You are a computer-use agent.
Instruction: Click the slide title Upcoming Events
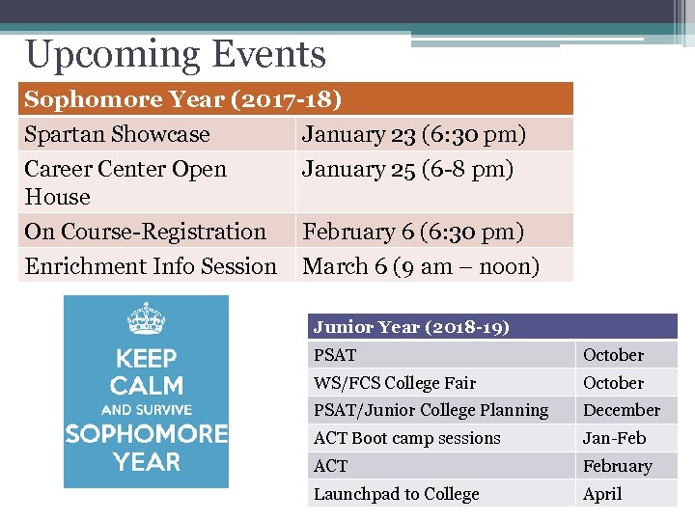coord(176,55)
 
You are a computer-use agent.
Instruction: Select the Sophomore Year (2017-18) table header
coord(182,99)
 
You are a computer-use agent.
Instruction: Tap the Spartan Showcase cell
coord(117,134)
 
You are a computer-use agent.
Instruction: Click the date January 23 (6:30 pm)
coord(413,134)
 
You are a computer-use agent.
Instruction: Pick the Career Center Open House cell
coord(125,182)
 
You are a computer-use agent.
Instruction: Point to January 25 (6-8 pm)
coord(407,169)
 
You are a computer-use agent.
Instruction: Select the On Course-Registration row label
coord(145,232)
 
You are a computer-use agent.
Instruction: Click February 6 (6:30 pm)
coord(413,232)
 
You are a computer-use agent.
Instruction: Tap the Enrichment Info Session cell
coord(151,265)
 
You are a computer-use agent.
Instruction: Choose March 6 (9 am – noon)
coord(421,265)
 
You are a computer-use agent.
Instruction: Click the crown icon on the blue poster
coord(146,319)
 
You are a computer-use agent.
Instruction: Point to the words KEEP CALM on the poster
coord(146,371)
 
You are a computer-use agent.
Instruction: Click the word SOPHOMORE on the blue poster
coord(146,434)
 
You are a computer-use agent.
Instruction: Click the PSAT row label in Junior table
coord(335,355)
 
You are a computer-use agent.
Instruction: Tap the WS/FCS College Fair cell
coord(394,383)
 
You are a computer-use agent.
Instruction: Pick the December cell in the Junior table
coord(621,410)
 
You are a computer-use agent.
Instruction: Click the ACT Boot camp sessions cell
coord(406,438)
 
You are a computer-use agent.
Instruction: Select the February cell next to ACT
coord(617,466)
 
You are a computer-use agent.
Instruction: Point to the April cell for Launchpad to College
coord(602,494)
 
